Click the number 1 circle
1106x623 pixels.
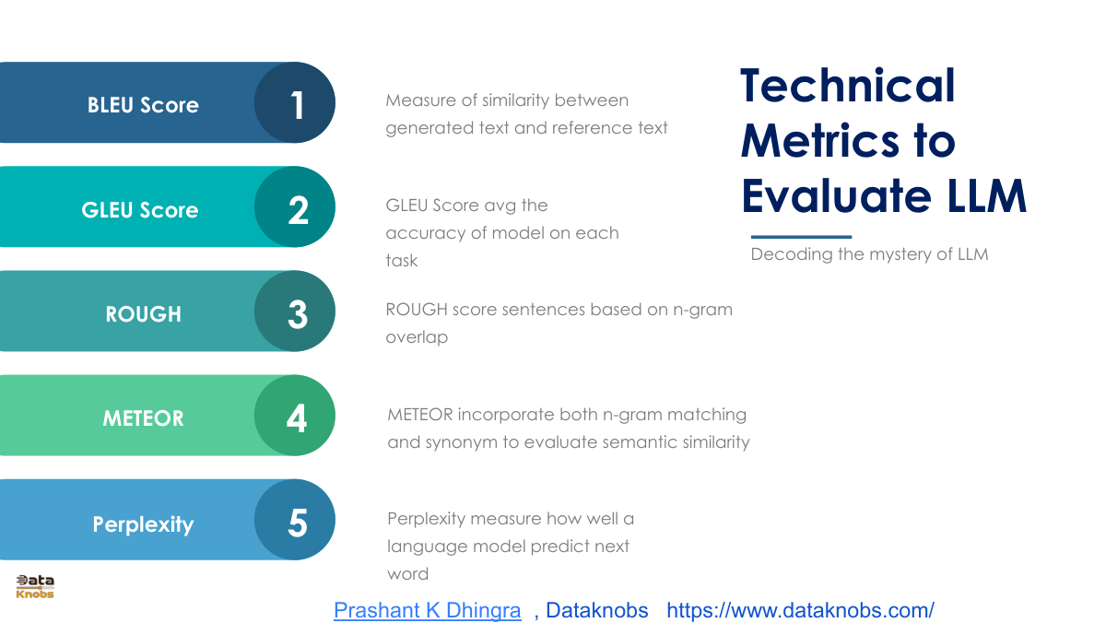point(295,102)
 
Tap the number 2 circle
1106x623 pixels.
point(295,206)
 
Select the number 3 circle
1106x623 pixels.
point(295,311)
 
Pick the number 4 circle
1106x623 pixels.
point(295,415)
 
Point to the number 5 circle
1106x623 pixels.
point(295,520)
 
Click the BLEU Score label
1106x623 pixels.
point(143,105)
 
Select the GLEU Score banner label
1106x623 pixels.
point(140,210)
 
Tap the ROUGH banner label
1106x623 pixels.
point(143,314)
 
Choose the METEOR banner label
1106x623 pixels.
point(143,418)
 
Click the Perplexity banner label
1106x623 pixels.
point(143,524)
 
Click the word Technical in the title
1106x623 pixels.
point(848,86)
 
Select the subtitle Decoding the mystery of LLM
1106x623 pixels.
point(869,254)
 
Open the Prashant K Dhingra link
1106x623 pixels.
point(428,610)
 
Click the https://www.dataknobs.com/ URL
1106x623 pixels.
point(800,610)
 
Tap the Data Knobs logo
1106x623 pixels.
point(35,587)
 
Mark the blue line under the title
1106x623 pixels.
point(801,237)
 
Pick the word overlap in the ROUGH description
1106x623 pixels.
point(417,337)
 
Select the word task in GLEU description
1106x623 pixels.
point(402,261)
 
